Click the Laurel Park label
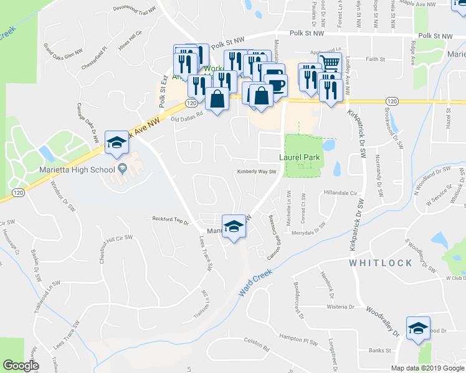pos(299,157)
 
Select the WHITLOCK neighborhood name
pos(381,263)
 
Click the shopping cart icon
pos(330,63)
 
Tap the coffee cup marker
pos(274,82)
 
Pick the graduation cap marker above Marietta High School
pos(116,142)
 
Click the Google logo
pos(21,366)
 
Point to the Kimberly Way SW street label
pos(255,172)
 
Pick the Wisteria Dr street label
pos(340,306)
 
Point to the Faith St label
pos(376,59)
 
